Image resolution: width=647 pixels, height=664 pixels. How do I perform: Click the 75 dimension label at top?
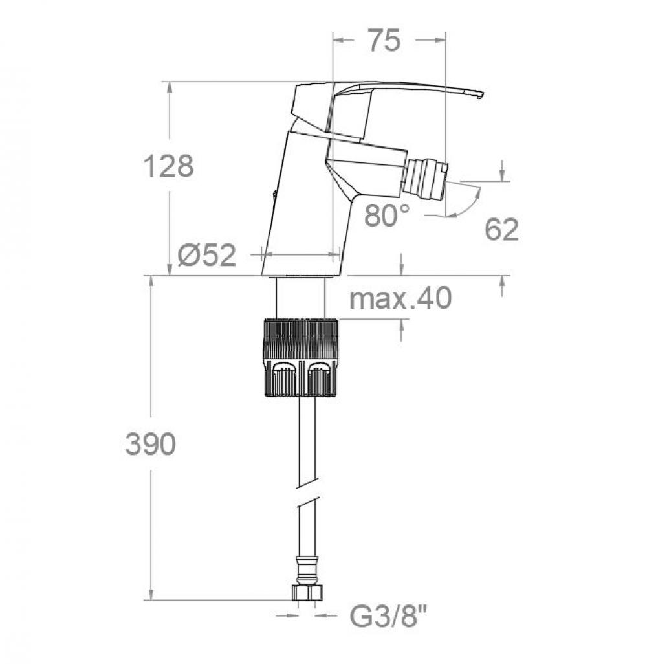pyautogui.click(x=384, y=40)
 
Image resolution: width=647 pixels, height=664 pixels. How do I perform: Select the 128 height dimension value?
pyautogui.click(x=168, y=166)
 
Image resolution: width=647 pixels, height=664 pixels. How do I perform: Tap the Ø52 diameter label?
pyautogui.click(x=207, y=256)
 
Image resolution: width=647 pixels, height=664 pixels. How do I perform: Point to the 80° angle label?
pyautogui.click(x=387, y=215)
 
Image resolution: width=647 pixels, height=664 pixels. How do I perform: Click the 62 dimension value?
pyautogui.click(x=502, y=230)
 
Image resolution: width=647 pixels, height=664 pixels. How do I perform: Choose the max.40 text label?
pyautogui.click(x=400, y=298)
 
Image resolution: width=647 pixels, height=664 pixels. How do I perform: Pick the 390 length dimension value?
pyautogui.click(x=151, y=444)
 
